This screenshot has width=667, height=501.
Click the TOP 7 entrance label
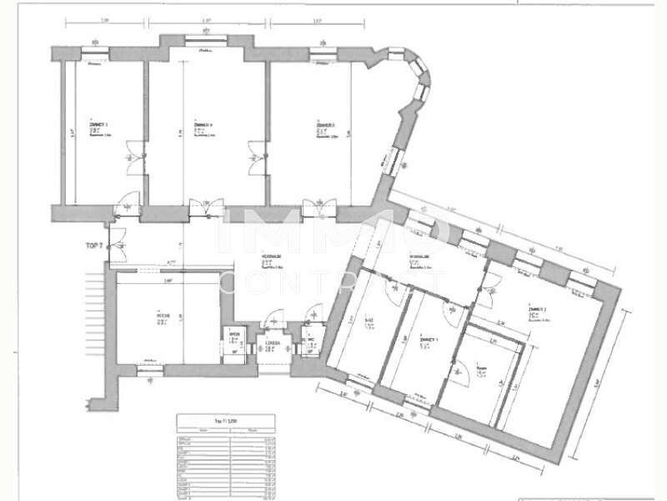tap(94, 245)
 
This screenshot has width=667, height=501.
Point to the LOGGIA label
tap(273, 343)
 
